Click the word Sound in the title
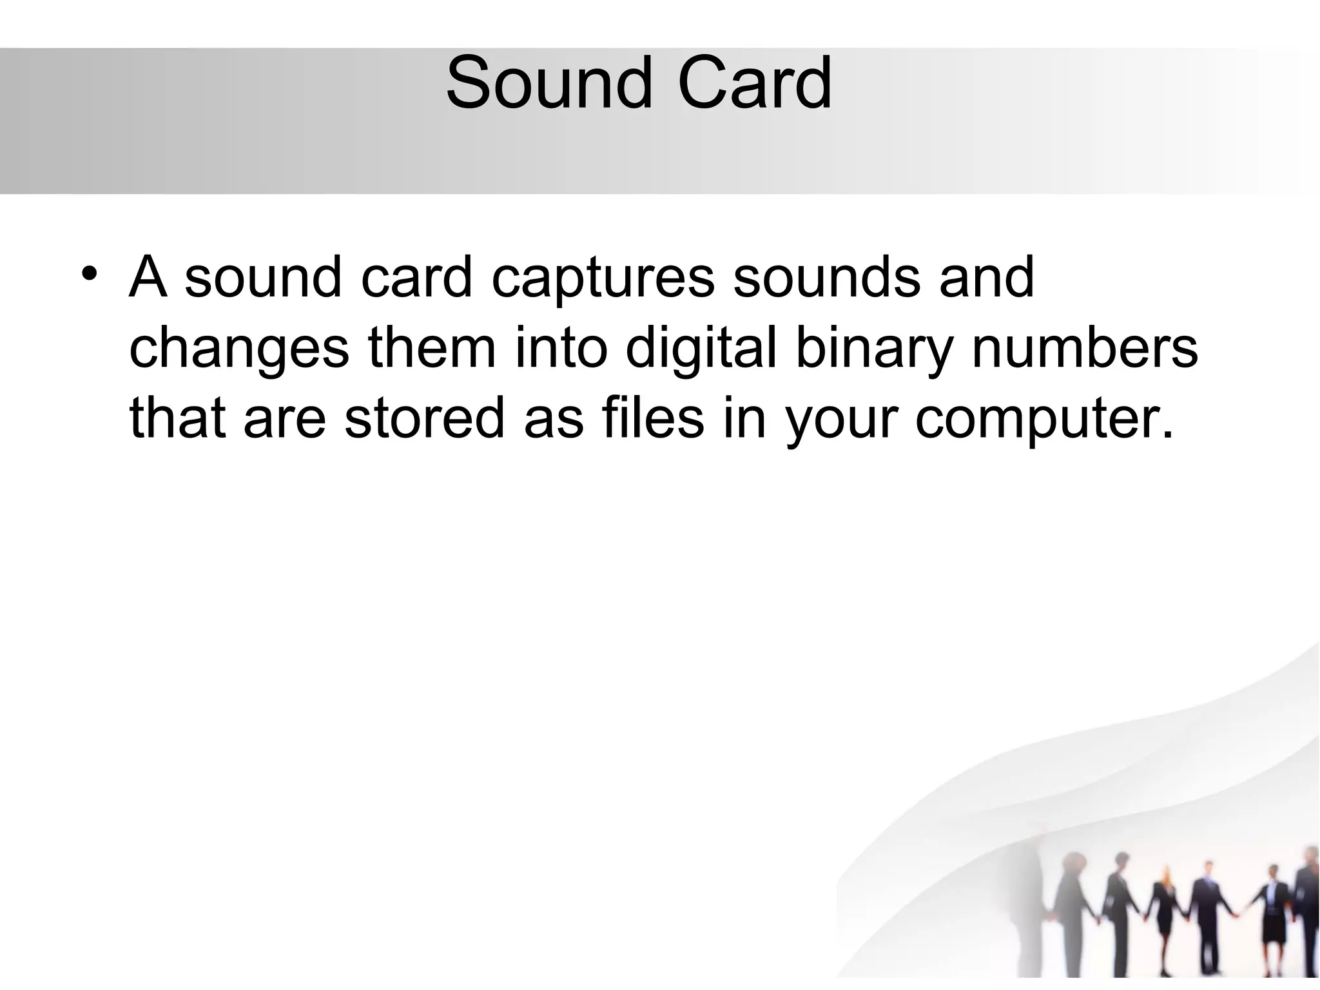coord(548,84)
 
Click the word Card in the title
coord(755,84)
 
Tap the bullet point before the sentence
coord(90,272)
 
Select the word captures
coord(603,279)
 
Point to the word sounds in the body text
coord(826,278)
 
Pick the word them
coord(432,348)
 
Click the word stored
coord(424,418)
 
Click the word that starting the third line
coord(177,418)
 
